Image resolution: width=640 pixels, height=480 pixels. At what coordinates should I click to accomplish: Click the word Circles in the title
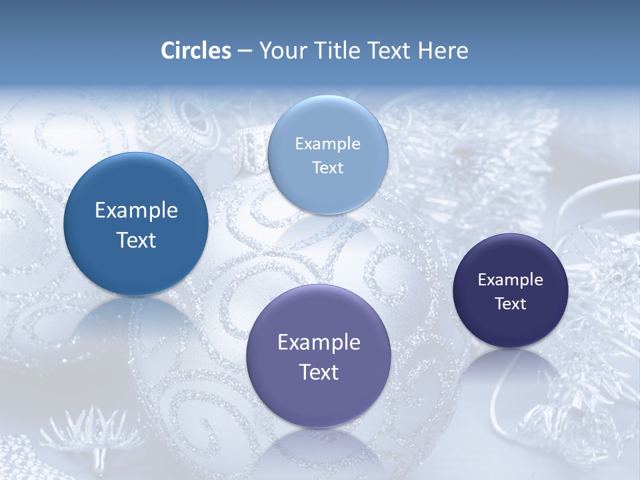click(x=195, y=51)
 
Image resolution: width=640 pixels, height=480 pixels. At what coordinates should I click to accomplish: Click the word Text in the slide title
click(x=390, y=51)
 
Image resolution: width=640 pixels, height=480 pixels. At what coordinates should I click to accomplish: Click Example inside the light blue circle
click(x=327, y=144)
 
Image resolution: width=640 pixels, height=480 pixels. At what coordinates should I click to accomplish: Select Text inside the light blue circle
click(x=327, y=168)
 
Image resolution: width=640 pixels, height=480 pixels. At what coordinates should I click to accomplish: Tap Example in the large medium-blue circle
click(x=136, y=211)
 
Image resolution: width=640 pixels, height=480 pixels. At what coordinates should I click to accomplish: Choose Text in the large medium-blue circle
click(x=136, y=240)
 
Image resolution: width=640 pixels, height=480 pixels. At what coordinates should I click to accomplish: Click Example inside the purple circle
click(x=319, y=343)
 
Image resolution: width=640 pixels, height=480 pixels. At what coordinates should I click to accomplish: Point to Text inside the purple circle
click(x=319, y=372)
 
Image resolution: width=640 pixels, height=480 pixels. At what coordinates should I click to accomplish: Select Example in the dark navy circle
click(x=511, y=280)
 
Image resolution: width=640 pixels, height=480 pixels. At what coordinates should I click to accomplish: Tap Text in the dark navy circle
click(x=511, y=304)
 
